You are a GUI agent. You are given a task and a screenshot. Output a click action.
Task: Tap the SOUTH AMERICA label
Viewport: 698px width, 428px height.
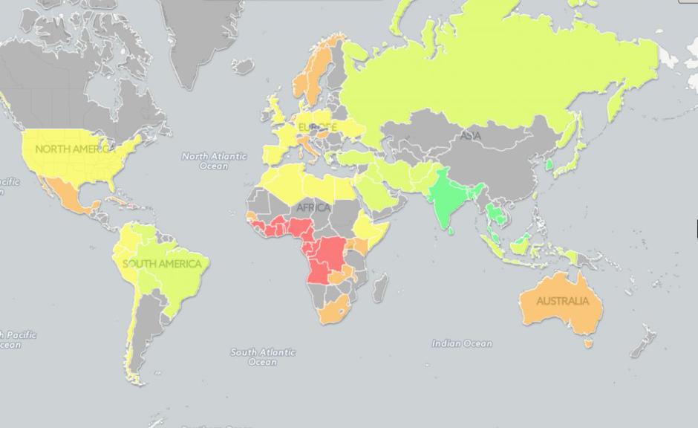coord(163,264)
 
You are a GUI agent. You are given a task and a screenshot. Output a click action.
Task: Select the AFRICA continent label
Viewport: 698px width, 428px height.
coord(313,207)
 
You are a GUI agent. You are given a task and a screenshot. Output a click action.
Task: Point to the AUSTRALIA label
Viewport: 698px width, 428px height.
coord(562,301)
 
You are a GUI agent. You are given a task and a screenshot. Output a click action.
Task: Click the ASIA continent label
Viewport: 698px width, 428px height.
coord(470,136)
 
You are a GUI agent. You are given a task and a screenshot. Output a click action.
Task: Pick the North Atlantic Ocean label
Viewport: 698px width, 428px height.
coord(214,161)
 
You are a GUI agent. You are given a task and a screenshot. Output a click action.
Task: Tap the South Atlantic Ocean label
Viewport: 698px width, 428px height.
coord(262,357)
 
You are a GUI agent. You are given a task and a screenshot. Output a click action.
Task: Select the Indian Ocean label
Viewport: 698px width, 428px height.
coord(462,343)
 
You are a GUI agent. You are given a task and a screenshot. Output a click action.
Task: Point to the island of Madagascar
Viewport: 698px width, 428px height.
coord(379,287)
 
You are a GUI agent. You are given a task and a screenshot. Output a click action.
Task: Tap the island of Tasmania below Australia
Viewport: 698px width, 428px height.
coord(589,343)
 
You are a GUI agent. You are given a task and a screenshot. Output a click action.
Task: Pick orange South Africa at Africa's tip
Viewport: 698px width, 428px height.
coord(332,312)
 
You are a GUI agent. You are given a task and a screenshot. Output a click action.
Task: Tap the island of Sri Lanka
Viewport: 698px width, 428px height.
coord(452,230)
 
